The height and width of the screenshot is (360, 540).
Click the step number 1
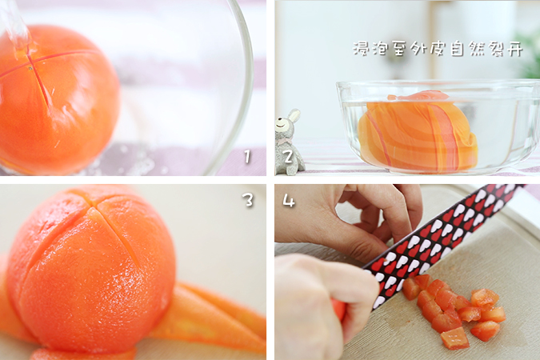point(247,157)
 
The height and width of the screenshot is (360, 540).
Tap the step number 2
point(289,157)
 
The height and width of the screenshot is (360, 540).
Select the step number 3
point(248,199)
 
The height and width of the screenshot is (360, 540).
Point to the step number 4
point(289,200)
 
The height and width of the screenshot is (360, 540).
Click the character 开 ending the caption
point(514,49)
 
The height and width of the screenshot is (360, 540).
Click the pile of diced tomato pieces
point(454,311)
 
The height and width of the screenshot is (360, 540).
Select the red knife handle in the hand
point(339,309)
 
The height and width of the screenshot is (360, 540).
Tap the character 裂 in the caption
point(495,49)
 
